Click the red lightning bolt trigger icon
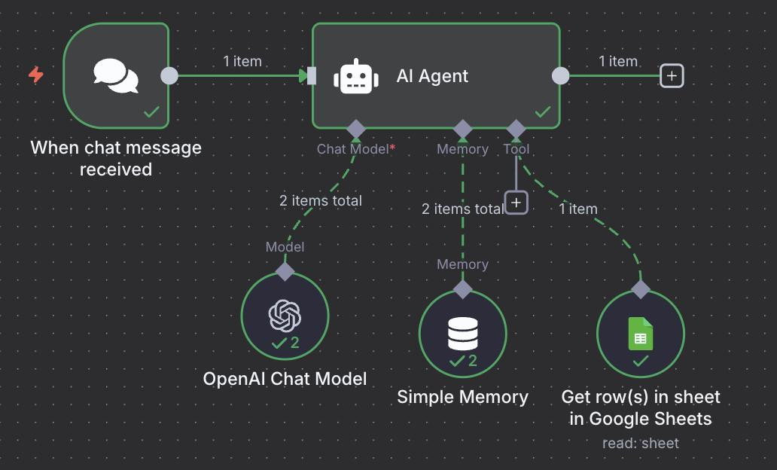click(35, 75)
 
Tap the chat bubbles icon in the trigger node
click(116, 76)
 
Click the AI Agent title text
click(432, 76)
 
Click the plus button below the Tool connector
click(516, 203)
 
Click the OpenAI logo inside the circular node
click(285, 316)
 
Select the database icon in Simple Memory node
click(462, 334)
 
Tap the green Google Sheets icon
click(640, 334)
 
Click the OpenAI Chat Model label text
click(285, 378)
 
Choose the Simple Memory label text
click(462, 397)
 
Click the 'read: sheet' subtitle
click(640, 443)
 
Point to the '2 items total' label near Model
click(320, 200)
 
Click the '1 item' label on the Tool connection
click(577, 209)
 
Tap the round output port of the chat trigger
click(169, 76)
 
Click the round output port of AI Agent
click(560, 76)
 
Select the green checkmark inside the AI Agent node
click(542, 112)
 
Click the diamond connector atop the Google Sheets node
click(640, 288)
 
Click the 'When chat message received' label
click(116, 158)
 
